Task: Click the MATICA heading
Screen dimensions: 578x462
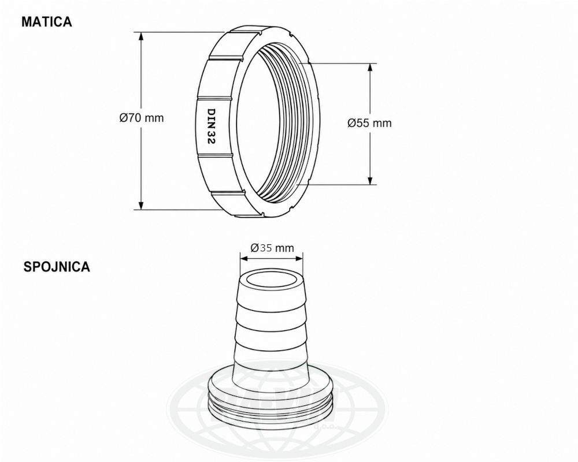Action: coord(47,22)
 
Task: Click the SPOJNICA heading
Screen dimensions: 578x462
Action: coord(57,267)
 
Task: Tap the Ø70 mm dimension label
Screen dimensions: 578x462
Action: coord(142,118)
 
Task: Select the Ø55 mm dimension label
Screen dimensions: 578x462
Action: coord(369,122)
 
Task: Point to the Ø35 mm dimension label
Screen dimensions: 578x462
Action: coord(272,248)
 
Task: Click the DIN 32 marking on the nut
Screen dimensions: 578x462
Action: coord(211,126)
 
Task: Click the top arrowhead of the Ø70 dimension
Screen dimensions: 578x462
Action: coord(140,37)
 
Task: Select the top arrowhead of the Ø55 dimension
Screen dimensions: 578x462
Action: coord(370,68)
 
